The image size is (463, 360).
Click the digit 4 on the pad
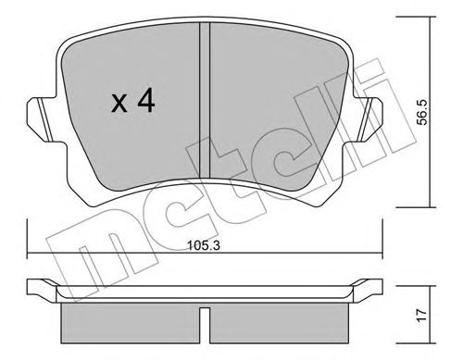(145, 102)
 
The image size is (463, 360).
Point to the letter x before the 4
(119, 104)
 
